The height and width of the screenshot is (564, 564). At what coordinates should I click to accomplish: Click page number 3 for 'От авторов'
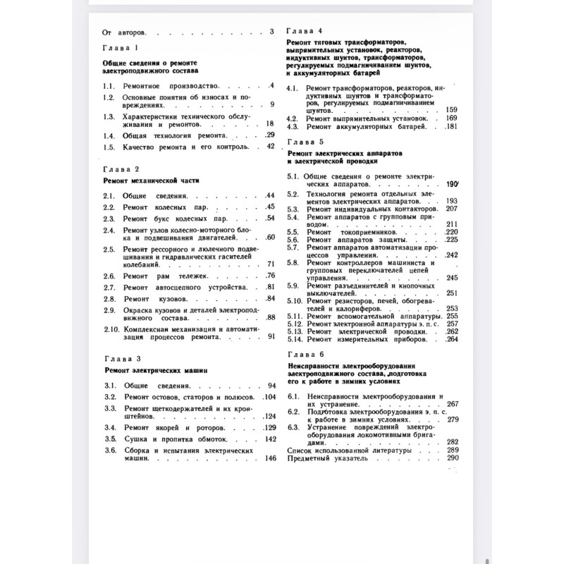click(271, 32)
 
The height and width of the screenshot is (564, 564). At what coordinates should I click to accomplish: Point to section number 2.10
click(111, 329)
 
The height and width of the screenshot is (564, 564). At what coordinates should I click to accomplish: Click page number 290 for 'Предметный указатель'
click(453, 458)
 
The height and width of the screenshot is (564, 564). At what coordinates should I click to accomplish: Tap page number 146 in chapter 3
click(270, 458)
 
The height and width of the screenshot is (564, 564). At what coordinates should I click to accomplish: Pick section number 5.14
click(296, 339)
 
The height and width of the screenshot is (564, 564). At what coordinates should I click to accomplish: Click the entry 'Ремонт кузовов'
click(156, 299)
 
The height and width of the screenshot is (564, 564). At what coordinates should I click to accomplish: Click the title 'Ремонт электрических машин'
click(156, 370)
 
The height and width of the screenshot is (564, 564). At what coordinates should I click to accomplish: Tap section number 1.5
click(108, 147)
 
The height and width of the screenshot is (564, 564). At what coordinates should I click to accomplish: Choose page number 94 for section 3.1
click(271, 386)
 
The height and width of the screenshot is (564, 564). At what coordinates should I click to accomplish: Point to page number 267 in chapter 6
click(453, 404)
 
